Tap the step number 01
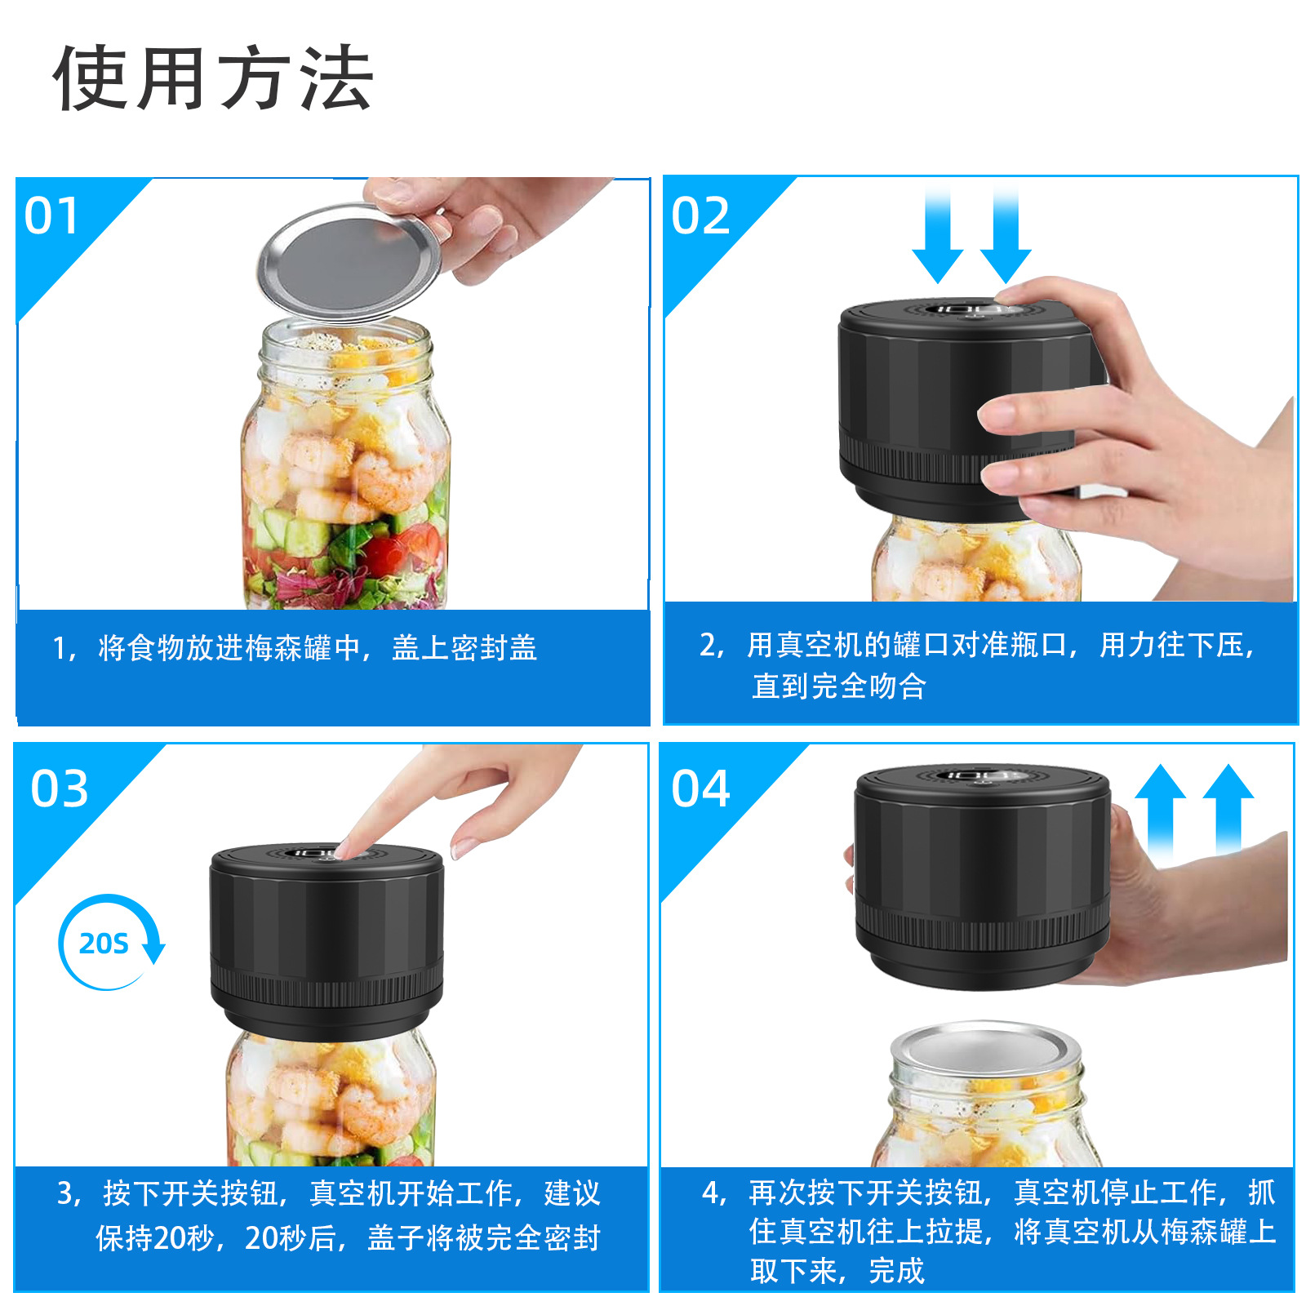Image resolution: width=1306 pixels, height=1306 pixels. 51,216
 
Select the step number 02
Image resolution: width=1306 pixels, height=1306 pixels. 700,216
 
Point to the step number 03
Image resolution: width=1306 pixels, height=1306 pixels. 59,789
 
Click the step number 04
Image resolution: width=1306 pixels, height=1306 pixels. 700,789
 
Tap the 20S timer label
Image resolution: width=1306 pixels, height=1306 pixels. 104,944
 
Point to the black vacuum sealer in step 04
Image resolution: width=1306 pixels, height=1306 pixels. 983,877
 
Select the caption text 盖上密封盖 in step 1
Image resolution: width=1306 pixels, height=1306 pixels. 464,648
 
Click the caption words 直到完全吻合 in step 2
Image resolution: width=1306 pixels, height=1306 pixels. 839,686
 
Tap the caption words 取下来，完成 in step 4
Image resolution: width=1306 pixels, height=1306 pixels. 837,1271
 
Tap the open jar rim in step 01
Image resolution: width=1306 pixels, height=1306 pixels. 344,339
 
